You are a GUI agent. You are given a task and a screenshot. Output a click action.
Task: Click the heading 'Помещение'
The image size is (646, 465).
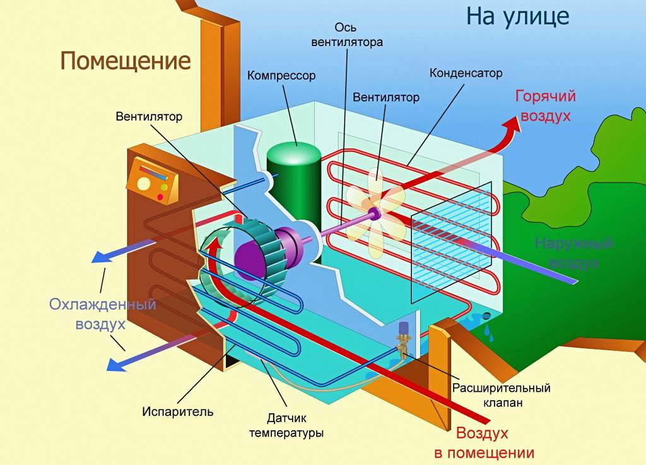[126, 62]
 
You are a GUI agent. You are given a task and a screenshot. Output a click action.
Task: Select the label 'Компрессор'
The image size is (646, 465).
[281, 76]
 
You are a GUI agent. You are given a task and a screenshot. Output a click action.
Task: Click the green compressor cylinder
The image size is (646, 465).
[293, 183]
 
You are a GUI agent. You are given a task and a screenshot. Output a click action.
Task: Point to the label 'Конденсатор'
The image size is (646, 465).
[466, 73]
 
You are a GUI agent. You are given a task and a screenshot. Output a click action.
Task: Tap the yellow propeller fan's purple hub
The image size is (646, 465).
[374, 214]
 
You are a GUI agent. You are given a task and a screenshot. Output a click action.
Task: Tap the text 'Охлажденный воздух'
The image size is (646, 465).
[102, 314]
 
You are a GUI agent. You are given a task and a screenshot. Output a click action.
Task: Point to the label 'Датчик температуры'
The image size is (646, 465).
[286, 425]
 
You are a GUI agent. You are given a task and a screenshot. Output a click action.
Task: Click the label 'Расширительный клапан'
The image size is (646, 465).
[502, 395]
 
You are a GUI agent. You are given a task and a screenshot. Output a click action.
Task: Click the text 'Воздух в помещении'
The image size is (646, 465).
[483, 443]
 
